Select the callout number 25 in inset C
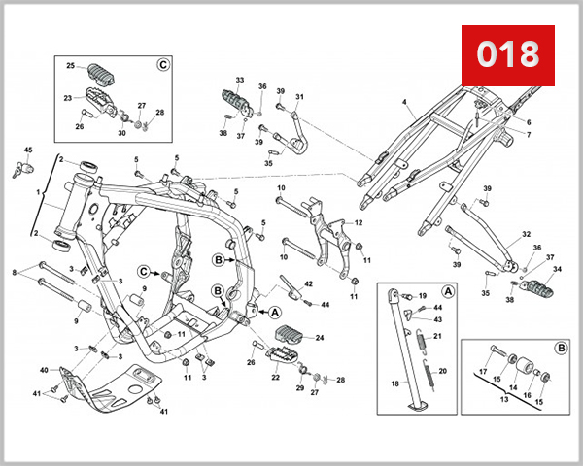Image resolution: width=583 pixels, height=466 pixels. pyautogui.click(x=70, y=66)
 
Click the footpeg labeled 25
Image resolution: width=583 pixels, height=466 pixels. pyautogui.click(x=102, y=73)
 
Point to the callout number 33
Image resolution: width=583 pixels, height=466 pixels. pyautogui.click(x=240, y=81)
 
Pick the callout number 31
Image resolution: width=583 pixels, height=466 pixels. pyautogui.click(x=299, y=97)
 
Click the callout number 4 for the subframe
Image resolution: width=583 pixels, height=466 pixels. pyautogui.click(x=403, y=101)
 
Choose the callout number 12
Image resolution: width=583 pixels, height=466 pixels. pyautogui.click(x=358, y=223)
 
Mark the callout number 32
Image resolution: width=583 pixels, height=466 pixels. pyautogui.click(x=526, y=234)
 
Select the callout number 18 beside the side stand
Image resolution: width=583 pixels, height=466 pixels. pyautogui.click(x=394, y=384)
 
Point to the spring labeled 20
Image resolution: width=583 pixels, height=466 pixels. pyautogui.click(x=429, y=374)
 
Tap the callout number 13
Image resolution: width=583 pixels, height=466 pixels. pyautogui.click(x=503, y=398)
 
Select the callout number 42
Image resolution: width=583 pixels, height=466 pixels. pyautogui.click(x=308, y=283)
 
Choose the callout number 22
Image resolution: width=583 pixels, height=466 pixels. pyautogui.click(x=275, y=377)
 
